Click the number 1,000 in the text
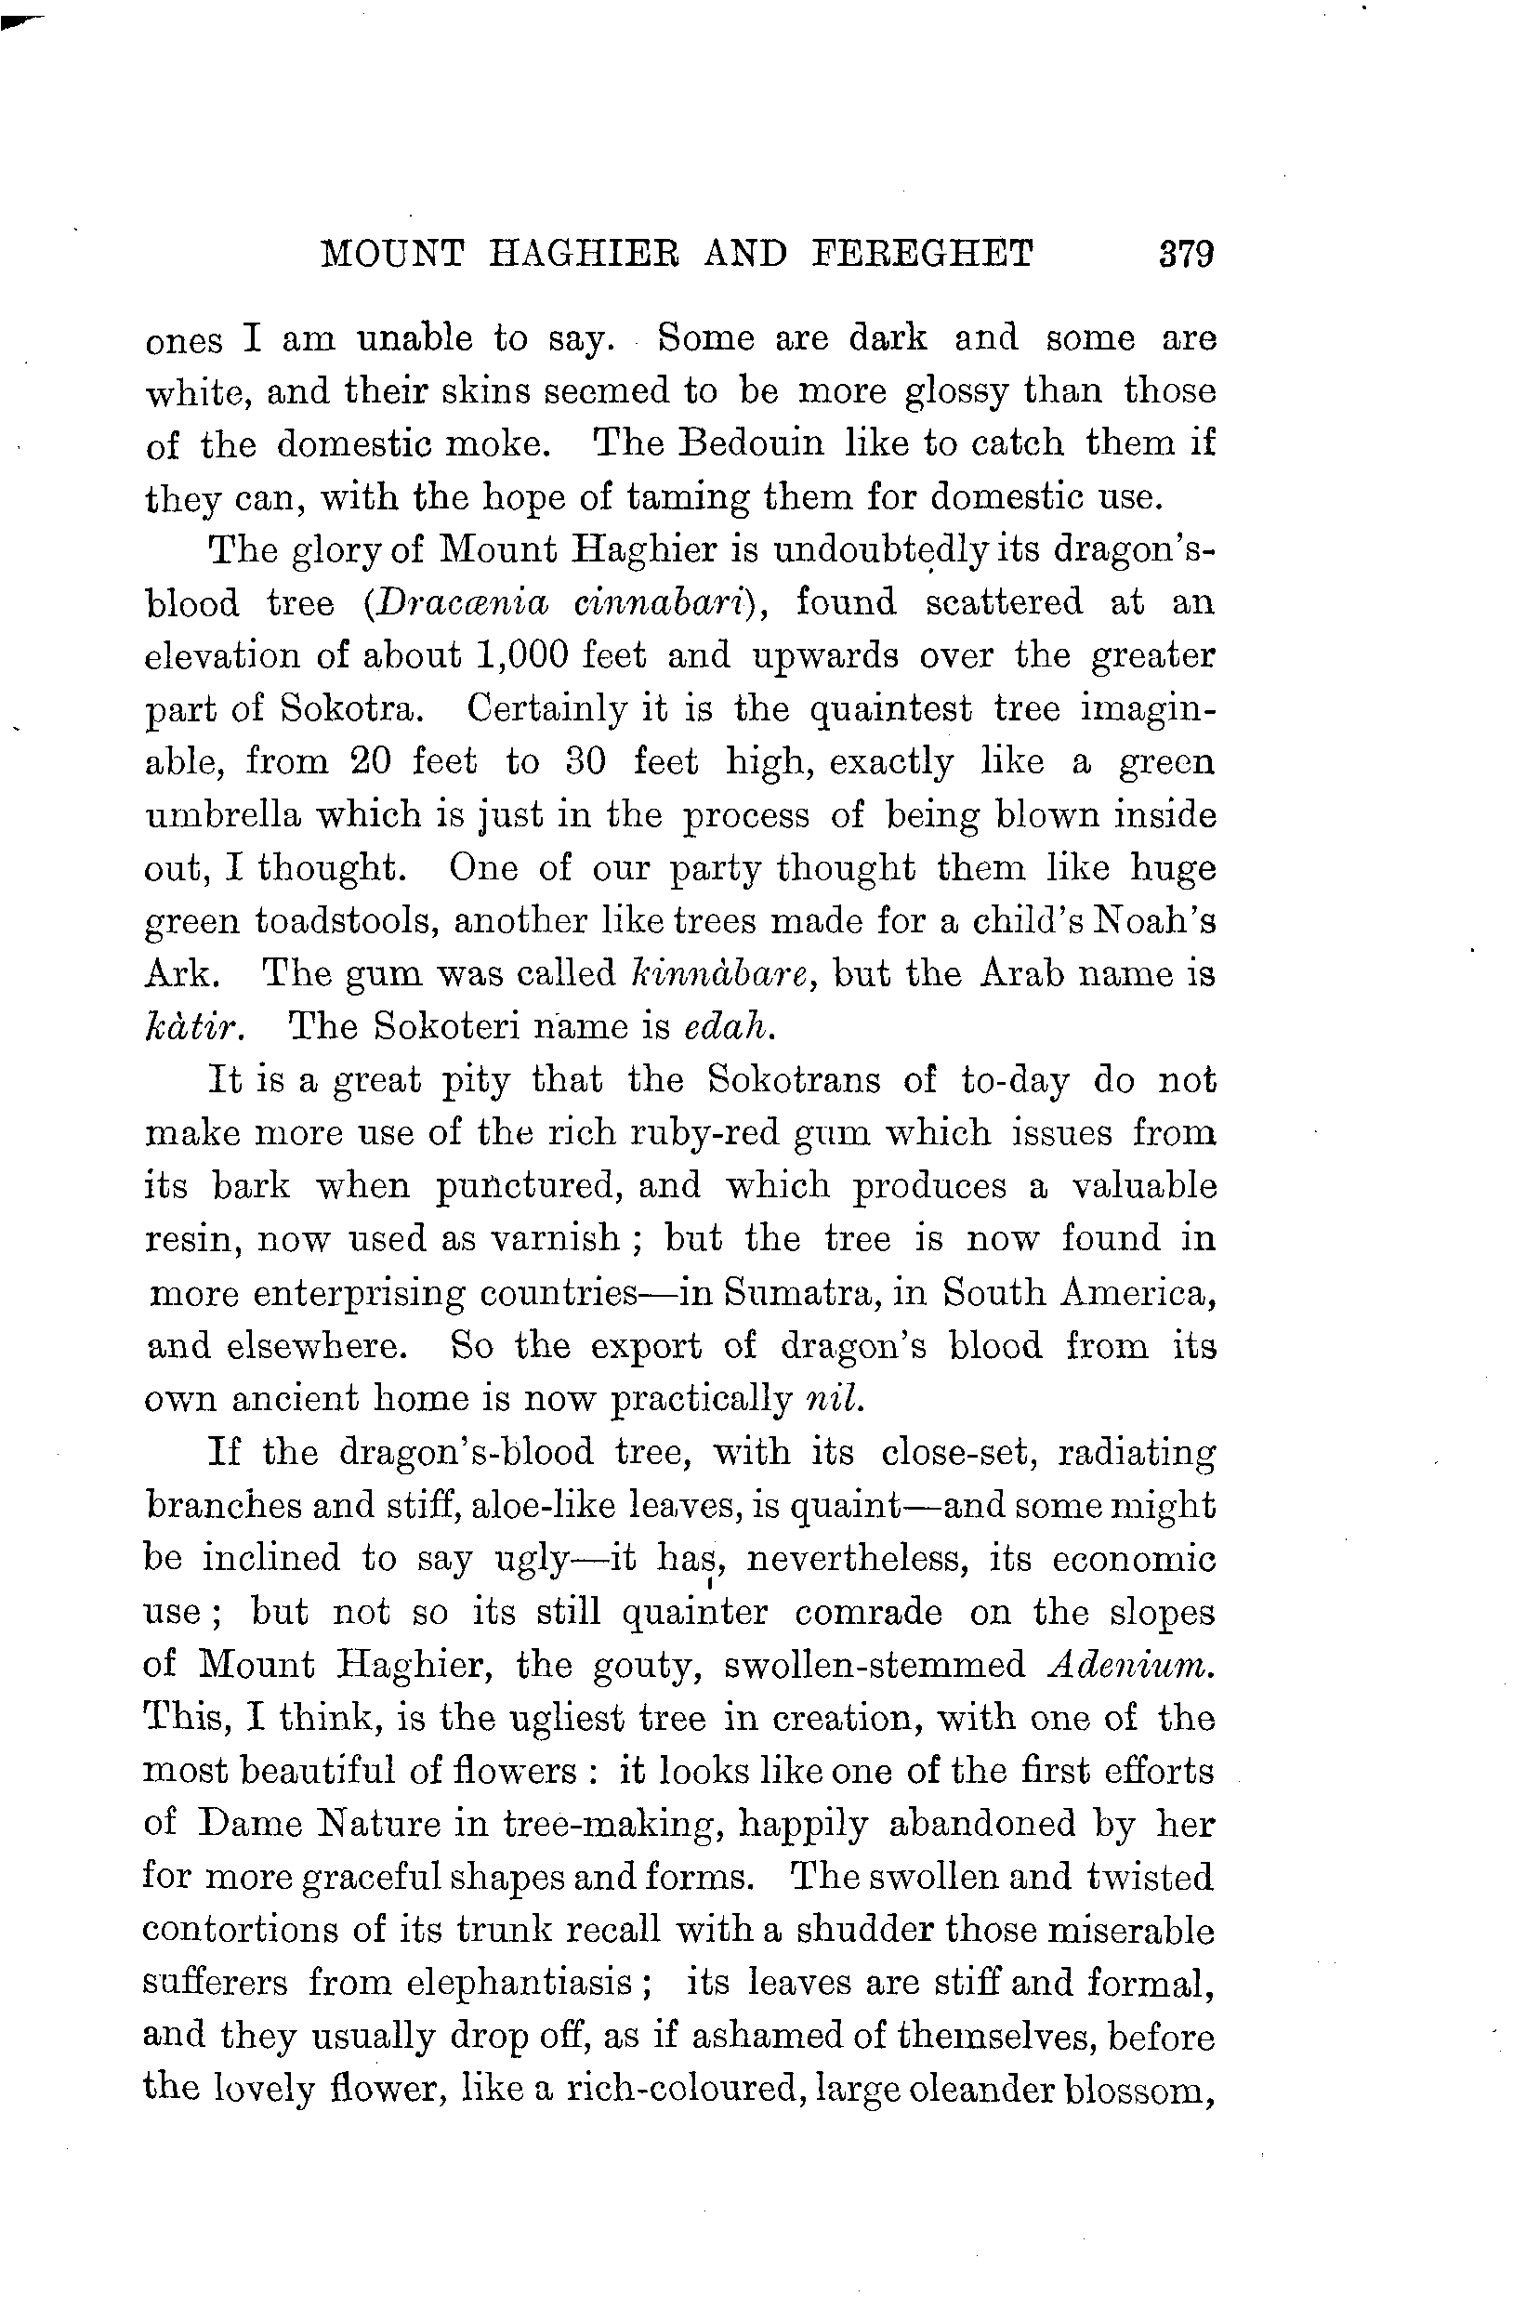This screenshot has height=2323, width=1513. (x=523, y=655)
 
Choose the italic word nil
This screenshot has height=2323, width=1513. (x=835, y=1400)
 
